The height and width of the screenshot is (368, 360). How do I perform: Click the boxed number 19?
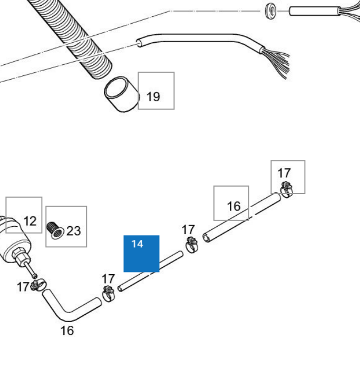(153, 96)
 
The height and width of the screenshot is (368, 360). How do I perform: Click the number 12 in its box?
(30, 221)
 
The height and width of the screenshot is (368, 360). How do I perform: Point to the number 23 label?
(74, 230)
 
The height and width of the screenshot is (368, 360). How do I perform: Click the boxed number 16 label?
(233, 206)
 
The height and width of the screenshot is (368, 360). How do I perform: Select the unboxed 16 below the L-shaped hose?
(67, 331)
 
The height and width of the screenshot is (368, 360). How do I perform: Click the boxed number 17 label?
(284, 172)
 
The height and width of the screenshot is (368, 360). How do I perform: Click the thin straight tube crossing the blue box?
(150, 272)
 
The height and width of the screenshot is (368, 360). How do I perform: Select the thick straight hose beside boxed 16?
(242, 217)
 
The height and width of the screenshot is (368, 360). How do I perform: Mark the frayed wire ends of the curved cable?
(277, 61)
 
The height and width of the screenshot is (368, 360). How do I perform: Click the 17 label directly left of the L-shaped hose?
(23, 287)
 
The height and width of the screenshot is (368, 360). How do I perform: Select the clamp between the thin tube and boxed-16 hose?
(191, 245)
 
